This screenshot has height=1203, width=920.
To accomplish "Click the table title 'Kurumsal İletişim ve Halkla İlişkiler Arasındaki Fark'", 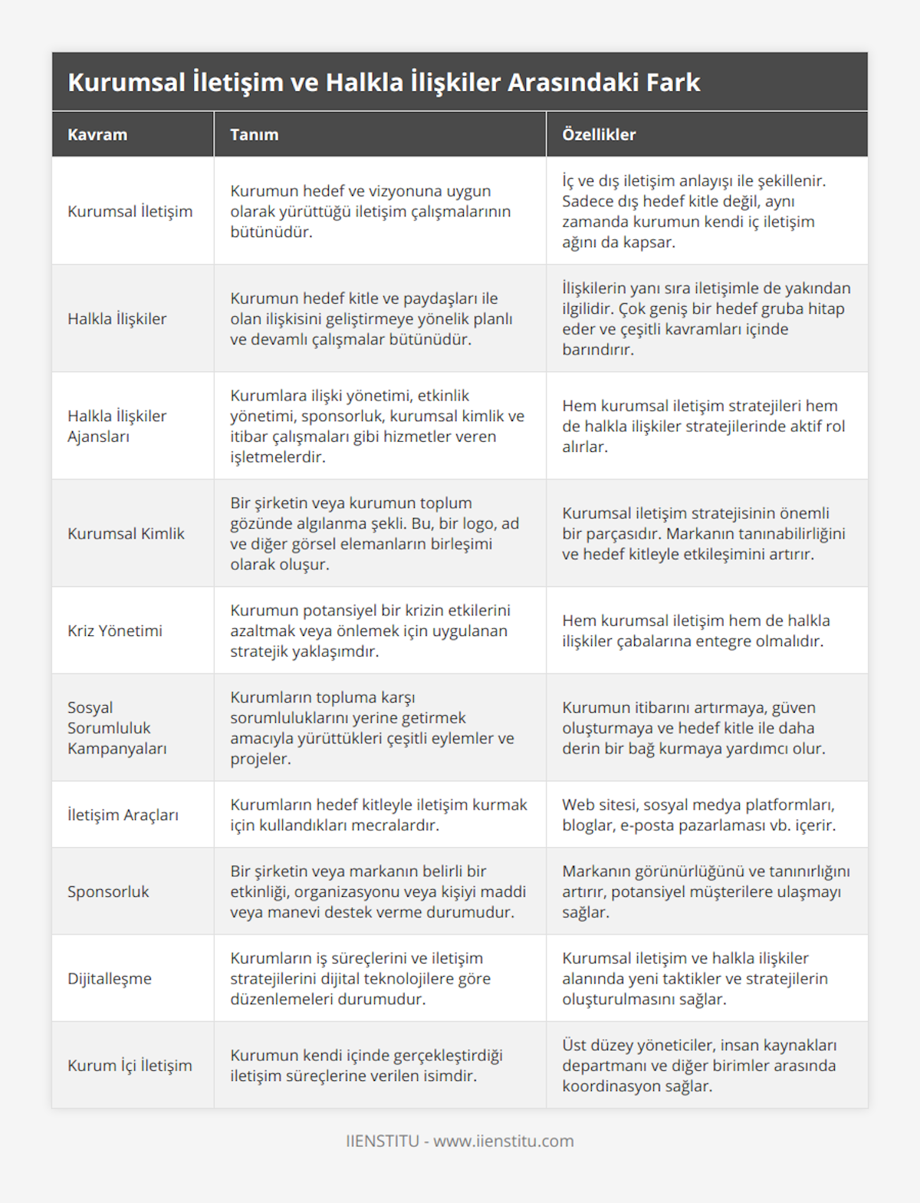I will pos(383,82).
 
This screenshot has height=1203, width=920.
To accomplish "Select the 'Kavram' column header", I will pos(97,134).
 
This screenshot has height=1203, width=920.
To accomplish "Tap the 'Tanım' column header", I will pos(254,134).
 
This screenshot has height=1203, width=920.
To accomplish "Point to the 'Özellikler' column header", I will pos(599,134).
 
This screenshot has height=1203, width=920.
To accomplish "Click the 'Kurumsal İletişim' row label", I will pos(130,211).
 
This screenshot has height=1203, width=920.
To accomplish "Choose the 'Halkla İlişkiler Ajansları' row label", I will pos(117,426).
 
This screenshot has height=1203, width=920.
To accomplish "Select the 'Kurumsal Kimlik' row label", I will pos(126,533).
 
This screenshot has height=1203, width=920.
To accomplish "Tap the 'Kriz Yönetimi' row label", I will pos(115,631).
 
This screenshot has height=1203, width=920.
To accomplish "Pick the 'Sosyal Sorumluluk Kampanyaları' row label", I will pos(117,727).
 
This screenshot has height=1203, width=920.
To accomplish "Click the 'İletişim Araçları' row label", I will pos(123,815).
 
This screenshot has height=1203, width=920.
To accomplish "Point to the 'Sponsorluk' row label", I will pos(108,892).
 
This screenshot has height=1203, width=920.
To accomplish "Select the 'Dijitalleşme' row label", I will pos(110,978).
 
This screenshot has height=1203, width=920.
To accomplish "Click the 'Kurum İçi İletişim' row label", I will pos(130,1065).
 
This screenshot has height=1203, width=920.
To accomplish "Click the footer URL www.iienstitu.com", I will pos(503,1141).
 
